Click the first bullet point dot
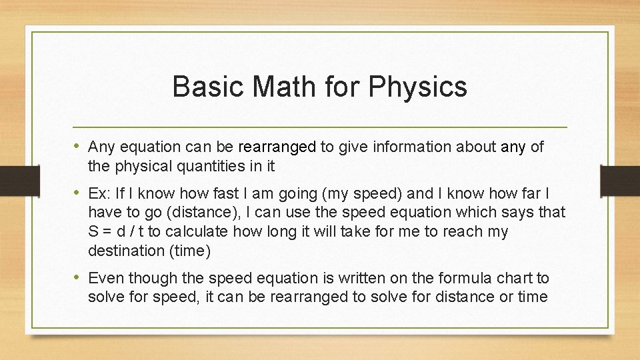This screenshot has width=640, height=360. pos(79,146)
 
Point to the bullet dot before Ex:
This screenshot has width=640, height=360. pos(79,193)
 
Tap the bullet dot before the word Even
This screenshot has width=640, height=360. pos(79,277)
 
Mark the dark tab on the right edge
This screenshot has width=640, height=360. pos(620,180)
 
